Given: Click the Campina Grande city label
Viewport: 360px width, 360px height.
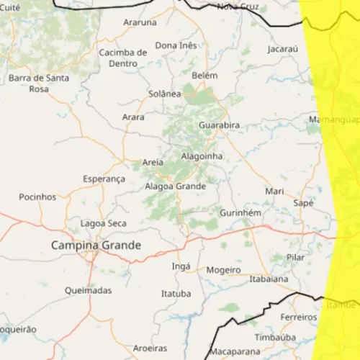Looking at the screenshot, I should (x=96, y=246).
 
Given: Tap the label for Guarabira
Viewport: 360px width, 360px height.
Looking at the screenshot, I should (x=219, y=125).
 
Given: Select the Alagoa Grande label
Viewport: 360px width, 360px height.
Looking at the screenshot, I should (x=175, y=186).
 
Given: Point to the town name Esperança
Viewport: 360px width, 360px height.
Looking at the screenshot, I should (x=104, y=179).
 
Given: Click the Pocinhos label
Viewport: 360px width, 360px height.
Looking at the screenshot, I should (x=37, y=196).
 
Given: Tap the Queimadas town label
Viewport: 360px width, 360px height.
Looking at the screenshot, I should (x=88, y=290).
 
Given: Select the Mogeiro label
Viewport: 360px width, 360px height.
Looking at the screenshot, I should (x=223, y=269).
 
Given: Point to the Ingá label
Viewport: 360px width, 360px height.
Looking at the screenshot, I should (x=181, y=266).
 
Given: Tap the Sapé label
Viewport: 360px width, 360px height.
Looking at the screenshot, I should (x=303, y=203).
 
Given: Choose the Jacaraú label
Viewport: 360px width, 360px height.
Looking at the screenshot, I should (x=282, y=49).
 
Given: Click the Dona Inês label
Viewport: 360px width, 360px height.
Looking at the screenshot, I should (x=176, y=45).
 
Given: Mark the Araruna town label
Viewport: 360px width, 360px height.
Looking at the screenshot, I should (x=140, y=22).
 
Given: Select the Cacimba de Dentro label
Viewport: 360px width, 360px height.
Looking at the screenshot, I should (x=123, y=58).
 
